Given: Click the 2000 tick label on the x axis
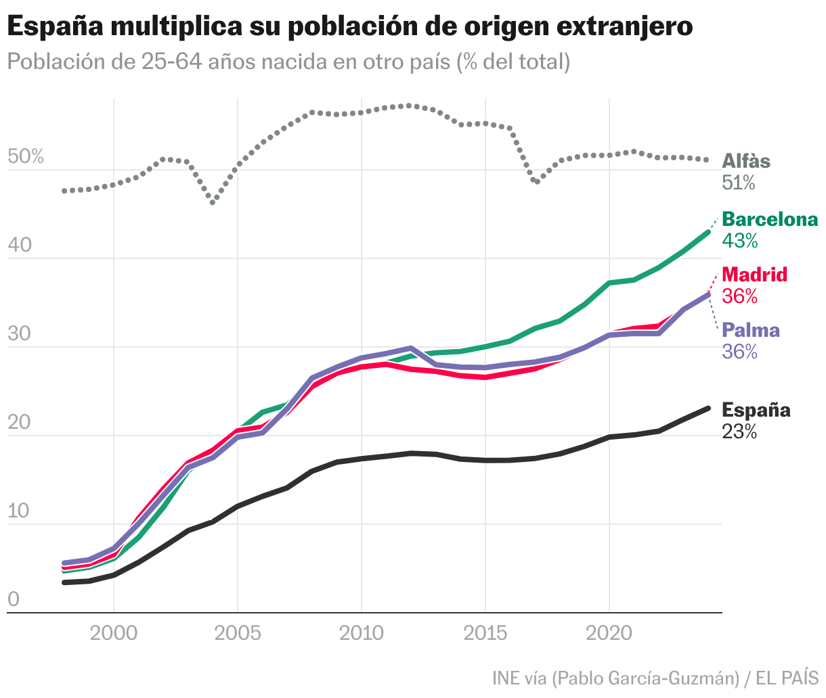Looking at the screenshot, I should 113,634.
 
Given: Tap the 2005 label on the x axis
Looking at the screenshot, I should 237,634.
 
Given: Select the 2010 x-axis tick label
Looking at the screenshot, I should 362,634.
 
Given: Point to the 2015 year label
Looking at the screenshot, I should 485,634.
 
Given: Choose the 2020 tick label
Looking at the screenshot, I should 609,634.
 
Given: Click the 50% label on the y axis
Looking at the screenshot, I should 25,158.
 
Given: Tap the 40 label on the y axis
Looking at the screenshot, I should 20,246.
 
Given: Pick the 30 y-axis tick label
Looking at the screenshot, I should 20,334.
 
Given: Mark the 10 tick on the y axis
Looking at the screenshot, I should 19,511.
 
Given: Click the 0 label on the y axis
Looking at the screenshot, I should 13,600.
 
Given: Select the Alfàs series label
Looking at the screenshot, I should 746,162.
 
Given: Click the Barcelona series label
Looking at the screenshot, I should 770,220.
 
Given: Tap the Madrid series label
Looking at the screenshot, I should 755,275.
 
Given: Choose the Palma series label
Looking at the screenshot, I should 751,330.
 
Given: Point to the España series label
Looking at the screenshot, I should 756,410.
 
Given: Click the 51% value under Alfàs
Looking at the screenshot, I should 738,183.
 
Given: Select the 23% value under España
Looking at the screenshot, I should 739,432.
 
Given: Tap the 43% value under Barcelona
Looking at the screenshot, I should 739,241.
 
